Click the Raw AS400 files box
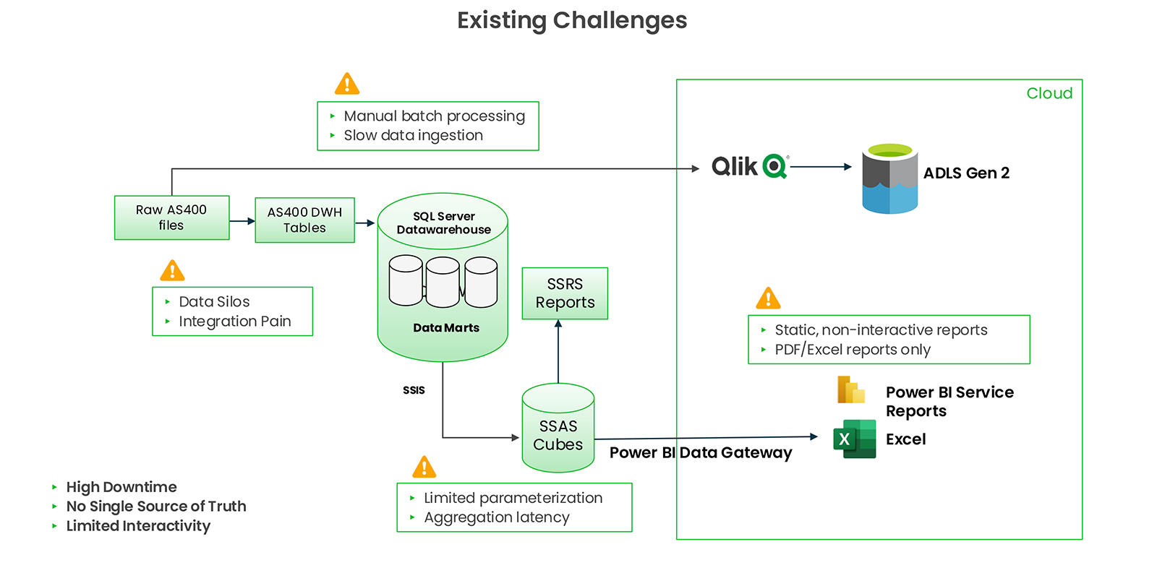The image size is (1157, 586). point(171,217)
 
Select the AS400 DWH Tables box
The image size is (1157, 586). point(304,220)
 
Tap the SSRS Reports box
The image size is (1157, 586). point(565,293)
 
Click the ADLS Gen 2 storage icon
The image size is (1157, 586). point(889,179)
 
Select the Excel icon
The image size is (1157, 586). point(854,439)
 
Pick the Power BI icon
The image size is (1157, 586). point(851,389)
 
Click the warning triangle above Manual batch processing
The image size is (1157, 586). point(347,84)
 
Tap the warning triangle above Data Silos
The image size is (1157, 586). point(172,271)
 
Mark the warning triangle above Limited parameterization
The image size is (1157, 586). point(424,467)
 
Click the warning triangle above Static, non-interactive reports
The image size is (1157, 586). point(768,298)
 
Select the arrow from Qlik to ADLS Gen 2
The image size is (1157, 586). point(821,167)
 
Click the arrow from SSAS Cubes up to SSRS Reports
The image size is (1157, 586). point(558,351)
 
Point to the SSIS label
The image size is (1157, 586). point(414,390)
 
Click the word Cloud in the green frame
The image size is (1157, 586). point(1049,93)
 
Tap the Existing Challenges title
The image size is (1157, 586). point(572,20)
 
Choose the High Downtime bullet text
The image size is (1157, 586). point(121,487)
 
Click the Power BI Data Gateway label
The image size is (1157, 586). point(701,452)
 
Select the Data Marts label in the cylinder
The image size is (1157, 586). point(446,327)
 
